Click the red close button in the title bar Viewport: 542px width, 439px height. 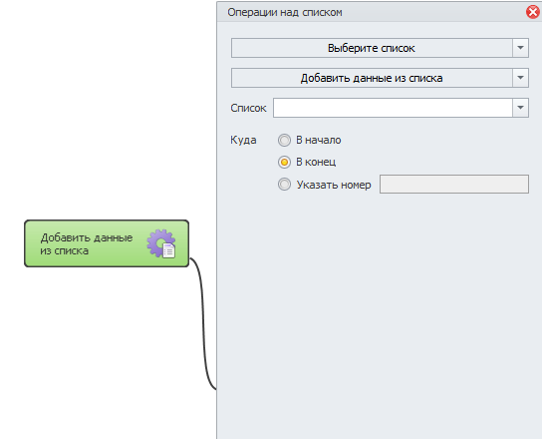coord(533,12)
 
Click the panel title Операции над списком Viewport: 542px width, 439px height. coord(285,12)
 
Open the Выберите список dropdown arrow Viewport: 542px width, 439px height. coord(520,48)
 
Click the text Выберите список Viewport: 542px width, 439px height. coord(372,48)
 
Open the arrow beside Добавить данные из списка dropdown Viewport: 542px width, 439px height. coord(520,78)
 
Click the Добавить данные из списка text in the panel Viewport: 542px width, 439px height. coord(372,78)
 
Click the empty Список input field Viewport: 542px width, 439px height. coord(393,108)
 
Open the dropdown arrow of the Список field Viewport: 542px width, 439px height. coord(520,108)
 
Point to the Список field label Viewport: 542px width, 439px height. coord(248,108)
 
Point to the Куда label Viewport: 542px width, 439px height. coord(243,141)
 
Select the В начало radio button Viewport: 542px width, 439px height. coord(284,141)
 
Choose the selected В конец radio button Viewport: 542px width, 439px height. coord(284,162)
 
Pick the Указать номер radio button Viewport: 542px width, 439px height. coord(284,185)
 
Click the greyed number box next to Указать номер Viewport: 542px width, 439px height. coord(454,185)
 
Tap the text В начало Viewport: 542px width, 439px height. coord(319,140)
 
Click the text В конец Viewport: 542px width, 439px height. coord(316,162)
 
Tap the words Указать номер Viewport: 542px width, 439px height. coord(334,185)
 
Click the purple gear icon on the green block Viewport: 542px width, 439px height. coord(161,243)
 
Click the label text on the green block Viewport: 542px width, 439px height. coord(87,244)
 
